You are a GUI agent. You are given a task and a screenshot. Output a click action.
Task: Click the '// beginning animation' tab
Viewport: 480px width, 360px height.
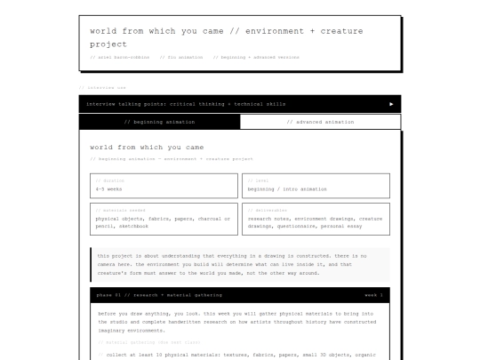click(160, 122)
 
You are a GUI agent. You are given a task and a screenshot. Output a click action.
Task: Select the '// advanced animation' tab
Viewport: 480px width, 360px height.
click(320, 122)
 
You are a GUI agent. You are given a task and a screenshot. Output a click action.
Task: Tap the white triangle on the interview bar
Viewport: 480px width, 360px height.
click(391, 104)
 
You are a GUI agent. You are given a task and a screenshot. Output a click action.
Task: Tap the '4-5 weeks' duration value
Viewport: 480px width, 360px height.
click(109, 189)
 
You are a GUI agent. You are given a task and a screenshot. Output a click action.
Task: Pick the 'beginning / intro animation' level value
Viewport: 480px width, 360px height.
click(287, 189)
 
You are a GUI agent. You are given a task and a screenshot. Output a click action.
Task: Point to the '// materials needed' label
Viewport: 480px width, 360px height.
click(121, 210)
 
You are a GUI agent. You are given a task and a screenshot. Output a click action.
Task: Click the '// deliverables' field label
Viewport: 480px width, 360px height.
click(268, 210)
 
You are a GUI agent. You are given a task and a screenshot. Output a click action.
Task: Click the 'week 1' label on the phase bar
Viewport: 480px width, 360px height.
click(373, 294)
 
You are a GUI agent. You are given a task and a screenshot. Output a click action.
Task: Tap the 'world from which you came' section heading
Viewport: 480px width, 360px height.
click(147, 147)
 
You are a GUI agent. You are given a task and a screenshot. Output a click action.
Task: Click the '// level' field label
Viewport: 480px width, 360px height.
click(257, 180)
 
